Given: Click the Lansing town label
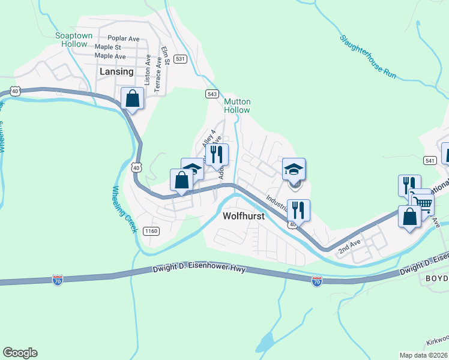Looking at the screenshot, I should tap(116, 71).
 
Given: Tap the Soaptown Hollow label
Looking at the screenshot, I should tap(74, 40).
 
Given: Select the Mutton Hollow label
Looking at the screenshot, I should tap(237, 106).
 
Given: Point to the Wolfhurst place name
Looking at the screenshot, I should tap(243, 216).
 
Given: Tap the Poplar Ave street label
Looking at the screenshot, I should tap(123, 38).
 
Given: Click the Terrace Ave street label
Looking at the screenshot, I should tap(157, 74).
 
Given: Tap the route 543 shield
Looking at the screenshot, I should tap(211, 94).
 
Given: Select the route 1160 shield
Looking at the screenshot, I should tap(151, 230).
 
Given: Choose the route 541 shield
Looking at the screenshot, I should tap(429, 160).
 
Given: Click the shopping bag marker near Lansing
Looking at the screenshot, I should tap(132, 98).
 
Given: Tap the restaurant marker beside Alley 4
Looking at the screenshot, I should tap(217, 154).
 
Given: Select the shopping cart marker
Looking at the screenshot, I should tap(423, 204).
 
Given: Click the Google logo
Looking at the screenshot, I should tap(20, 353).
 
